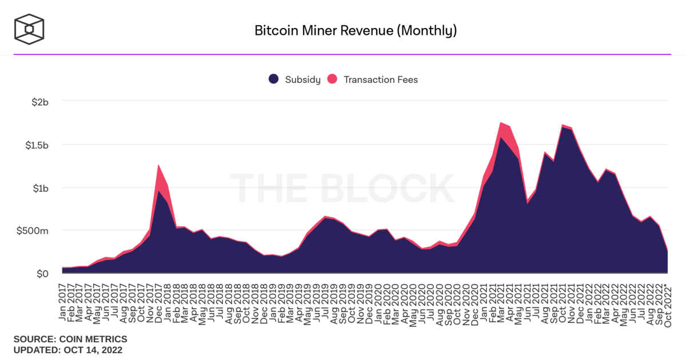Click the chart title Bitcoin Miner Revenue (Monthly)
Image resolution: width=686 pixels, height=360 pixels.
(356, 30)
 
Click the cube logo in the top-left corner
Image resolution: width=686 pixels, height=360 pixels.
(30, 29)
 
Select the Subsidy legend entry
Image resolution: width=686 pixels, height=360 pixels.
(295, 79)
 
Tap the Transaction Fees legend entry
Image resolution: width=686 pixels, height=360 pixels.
(373, 79)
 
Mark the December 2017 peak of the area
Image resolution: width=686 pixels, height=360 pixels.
(158, 165)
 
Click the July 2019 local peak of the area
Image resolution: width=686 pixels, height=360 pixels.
(325, 217)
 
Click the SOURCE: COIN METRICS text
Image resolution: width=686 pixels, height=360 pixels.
(70, 339)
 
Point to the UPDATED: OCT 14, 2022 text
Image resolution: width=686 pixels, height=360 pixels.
(68, 350)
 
